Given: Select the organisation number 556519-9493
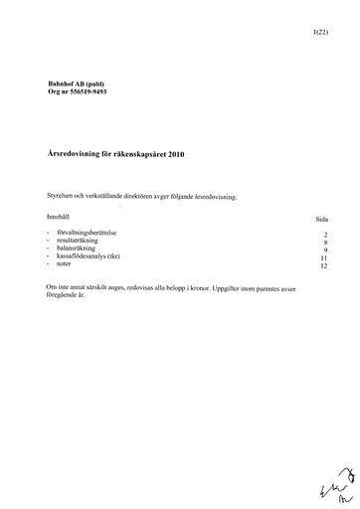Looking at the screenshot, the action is tap(78, 92).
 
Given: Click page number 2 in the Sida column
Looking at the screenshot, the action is tap(325, 234).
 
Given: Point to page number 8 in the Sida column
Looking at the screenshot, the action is tap(325, 242).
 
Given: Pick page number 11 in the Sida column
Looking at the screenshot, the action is tap(323, 257).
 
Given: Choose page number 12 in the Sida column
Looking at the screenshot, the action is tap(323, 266).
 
